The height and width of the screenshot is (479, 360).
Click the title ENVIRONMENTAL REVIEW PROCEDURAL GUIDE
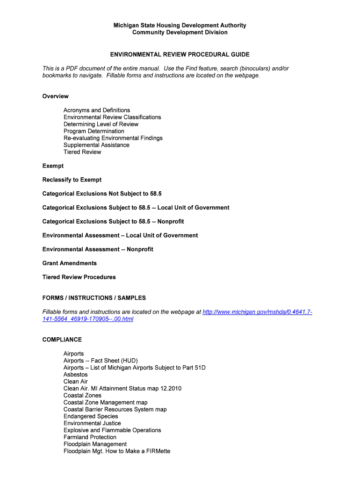pos(180,55)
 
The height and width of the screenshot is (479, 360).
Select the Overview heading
pos(55,96)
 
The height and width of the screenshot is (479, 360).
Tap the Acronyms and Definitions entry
pos(97,110)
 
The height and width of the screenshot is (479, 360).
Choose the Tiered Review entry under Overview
pos(82,152)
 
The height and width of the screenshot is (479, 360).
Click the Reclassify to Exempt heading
pos(72,180)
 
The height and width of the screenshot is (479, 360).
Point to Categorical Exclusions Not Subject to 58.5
pos(102,194)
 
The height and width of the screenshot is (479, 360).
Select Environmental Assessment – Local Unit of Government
pos(120,235)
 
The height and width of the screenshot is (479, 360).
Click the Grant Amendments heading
pos(69,263)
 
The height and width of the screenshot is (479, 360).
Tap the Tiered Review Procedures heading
pos(79,277)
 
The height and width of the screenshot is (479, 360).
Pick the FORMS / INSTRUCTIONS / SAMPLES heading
pos(94,298)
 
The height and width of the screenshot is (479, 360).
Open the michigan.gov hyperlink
pos(257,312)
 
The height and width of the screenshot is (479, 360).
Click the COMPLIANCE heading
pos(62,340)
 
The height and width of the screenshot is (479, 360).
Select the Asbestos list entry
pos(75,375)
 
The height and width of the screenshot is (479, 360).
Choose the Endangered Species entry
pos(91,416)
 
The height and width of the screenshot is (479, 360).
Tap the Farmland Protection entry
pos(90,437)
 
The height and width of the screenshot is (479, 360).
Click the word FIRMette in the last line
pos(157,451)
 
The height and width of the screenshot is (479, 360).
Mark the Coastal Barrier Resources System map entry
pos(115,409)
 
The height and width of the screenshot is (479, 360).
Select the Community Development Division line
pos(180,32)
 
